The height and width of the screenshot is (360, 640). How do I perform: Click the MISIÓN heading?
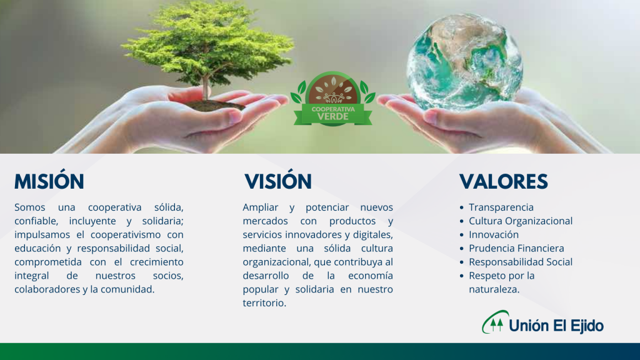point(49,182)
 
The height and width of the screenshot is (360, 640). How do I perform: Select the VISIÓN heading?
point(278,182)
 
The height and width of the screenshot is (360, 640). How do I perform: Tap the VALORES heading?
point(503,182)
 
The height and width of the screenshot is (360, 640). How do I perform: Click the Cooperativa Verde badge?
point(332,99)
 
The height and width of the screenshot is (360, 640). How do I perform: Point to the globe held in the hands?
point(464,62)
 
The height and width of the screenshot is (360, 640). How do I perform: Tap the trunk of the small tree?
point(206,87)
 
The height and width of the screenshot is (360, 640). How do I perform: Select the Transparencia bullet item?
point(501,207)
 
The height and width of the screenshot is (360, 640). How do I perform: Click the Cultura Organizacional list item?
point(521,221)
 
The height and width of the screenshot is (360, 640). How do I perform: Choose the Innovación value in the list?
point(494,235)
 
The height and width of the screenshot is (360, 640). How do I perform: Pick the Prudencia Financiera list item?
point(516,248)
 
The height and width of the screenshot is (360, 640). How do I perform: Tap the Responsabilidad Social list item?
point(521,262)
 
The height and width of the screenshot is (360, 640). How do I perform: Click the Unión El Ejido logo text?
point(556,326)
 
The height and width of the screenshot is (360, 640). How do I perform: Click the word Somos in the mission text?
point(30,207)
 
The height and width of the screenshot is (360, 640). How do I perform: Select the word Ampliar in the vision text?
point(261,207)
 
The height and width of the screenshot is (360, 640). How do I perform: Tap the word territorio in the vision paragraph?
point(264,303)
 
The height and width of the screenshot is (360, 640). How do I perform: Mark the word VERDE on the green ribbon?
point(333,117)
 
